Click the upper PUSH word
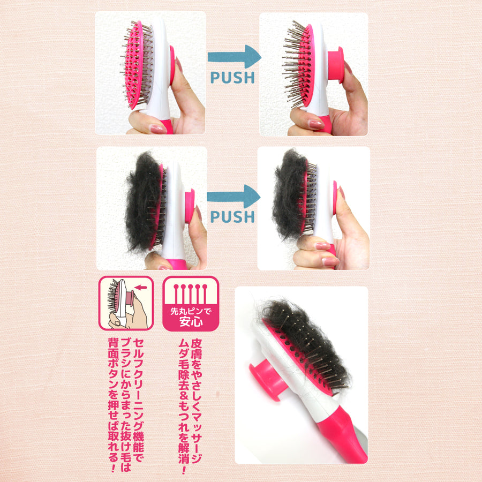(x=233, y=78)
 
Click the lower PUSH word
(x=233, y=217)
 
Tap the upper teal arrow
(x=234, y=57)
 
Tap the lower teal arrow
(x=234, y=197)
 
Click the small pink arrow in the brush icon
(x=141, y=288)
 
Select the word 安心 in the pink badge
(x=191, y=322)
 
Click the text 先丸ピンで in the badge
(x=191, y=311)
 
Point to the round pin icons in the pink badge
(x=191, y=293)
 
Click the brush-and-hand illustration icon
(x=126, y=303)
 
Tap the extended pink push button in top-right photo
(x=335, y=65)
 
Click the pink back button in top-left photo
(x=172, y=65)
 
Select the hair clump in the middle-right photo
(x=289, y=194)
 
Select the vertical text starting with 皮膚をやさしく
(x=196, y=401)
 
